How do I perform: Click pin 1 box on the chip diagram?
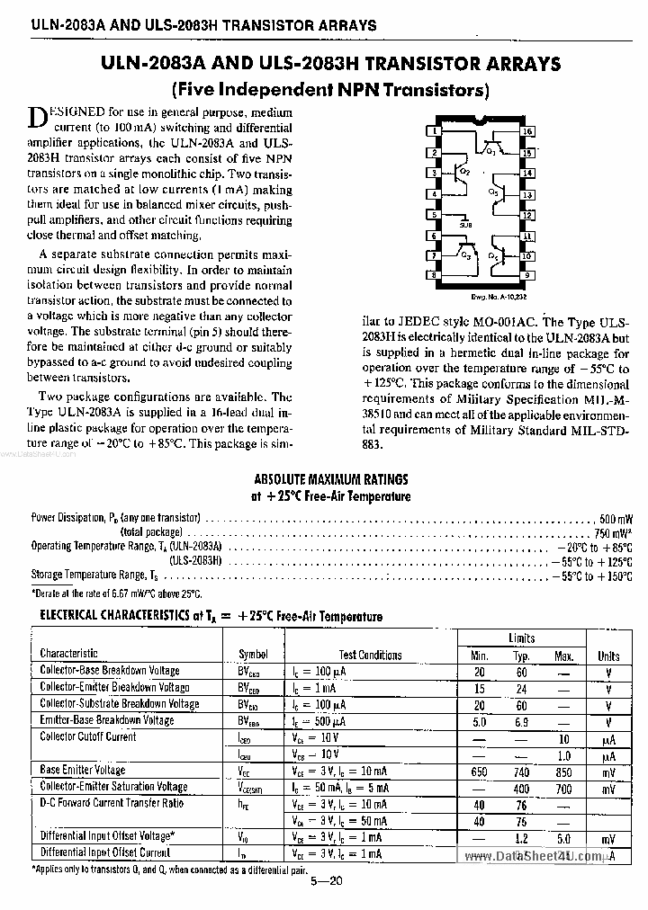click(436, 131)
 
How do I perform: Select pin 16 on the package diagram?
click(528, 131)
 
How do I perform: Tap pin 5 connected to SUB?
click(436, 216)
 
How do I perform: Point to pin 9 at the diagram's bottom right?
click(528, 275)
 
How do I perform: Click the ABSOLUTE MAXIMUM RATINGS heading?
click(330, 479)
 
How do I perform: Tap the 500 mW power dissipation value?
click(616, 519)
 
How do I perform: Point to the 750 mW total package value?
click(615, 532)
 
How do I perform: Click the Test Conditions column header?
click(370, 655)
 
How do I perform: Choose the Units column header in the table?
click(608, 656)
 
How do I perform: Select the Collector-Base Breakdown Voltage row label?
click(110, 671)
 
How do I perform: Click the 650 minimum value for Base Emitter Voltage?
click(480, 772)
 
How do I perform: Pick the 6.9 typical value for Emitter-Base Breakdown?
click(522, 721)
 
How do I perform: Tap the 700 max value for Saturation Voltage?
click(563, 788)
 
